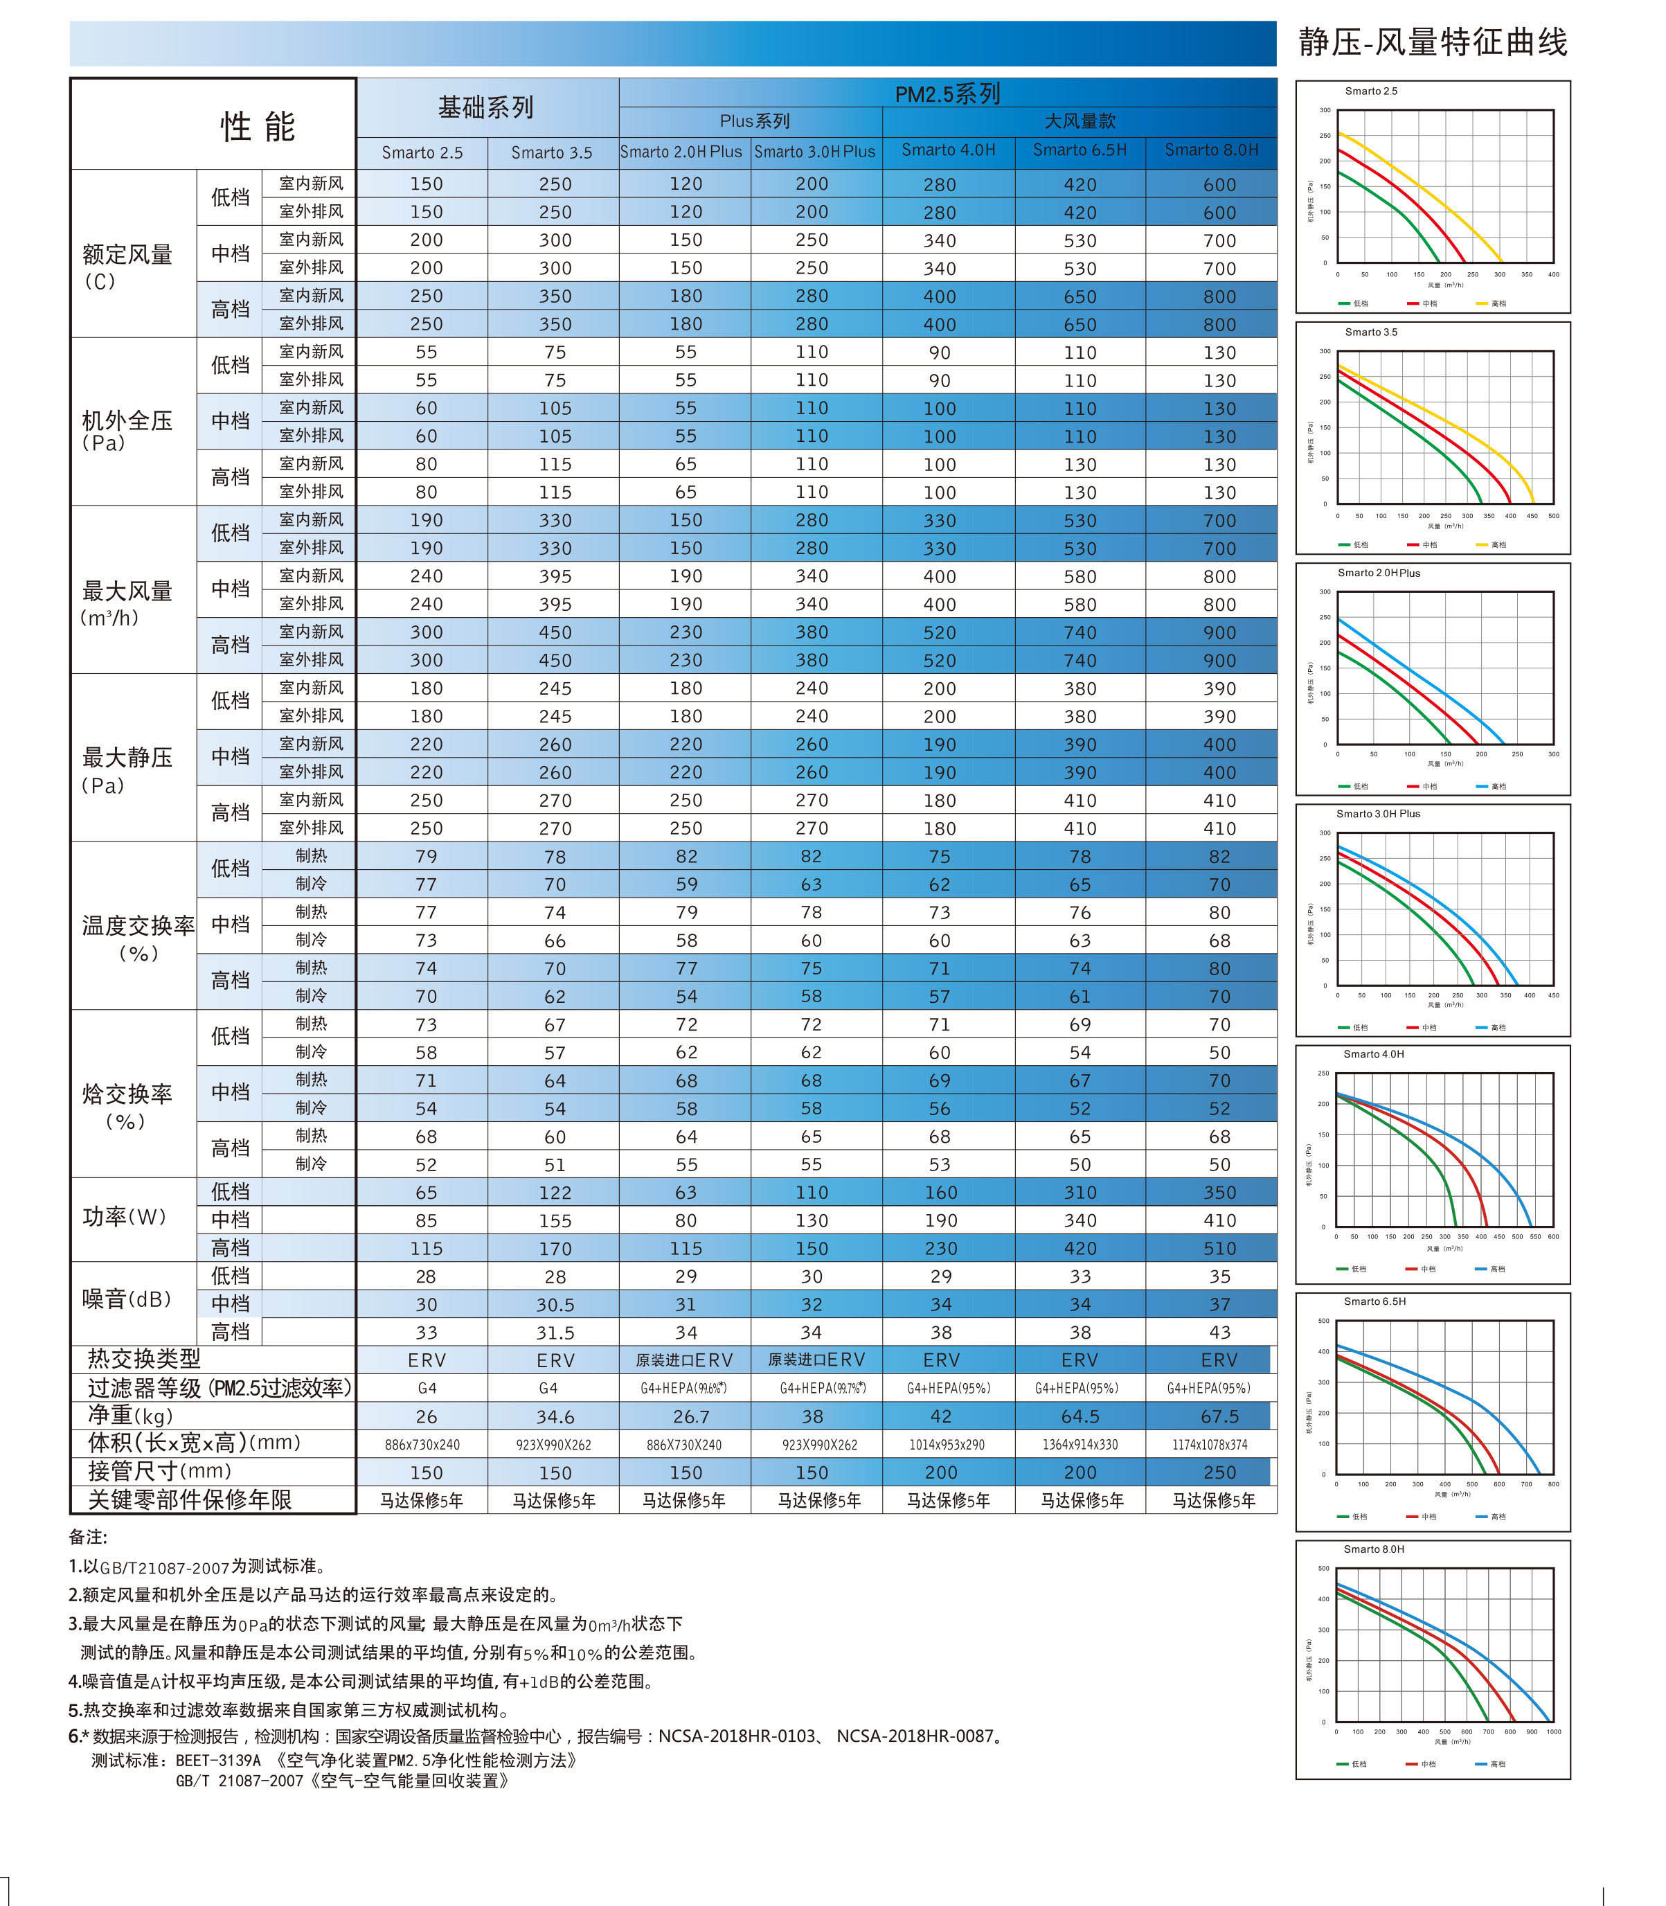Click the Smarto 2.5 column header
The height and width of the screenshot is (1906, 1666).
pyautogui.click(x=422, y=152)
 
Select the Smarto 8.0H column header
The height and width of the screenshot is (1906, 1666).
pyautogui.click(x=1211, y=150)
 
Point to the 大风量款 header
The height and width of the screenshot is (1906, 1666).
pyautogui.click(x=1080, y=121)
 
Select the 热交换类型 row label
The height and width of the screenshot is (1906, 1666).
pyautogui.click(x=144, y=1358)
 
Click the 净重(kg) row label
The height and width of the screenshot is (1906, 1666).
pyautogui.click(x=130, y=1415)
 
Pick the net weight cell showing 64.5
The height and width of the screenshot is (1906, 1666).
pyautogui.click(x=1080, y=1416)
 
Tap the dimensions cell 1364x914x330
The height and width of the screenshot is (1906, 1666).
pyautogui.click(x=1080, y=1444)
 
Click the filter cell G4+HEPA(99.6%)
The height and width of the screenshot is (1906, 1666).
pyautogui.click(x=683, y=1388)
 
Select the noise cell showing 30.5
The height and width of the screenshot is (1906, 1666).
pyautogui.click(x=555, y=1304)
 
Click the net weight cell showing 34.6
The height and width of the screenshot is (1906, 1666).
pyautogui.click(x=555, y=1416)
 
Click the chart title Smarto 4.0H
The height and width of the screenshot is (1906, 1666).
pyautogui.click(x=1373, y=1053)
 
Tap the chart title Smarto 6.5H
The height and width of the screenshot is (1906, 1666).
pyautogui.click(x=1374, y=1301)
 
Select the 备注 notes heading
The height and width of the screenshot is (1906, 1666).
pyautogui.click(x=89, y=1537)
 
